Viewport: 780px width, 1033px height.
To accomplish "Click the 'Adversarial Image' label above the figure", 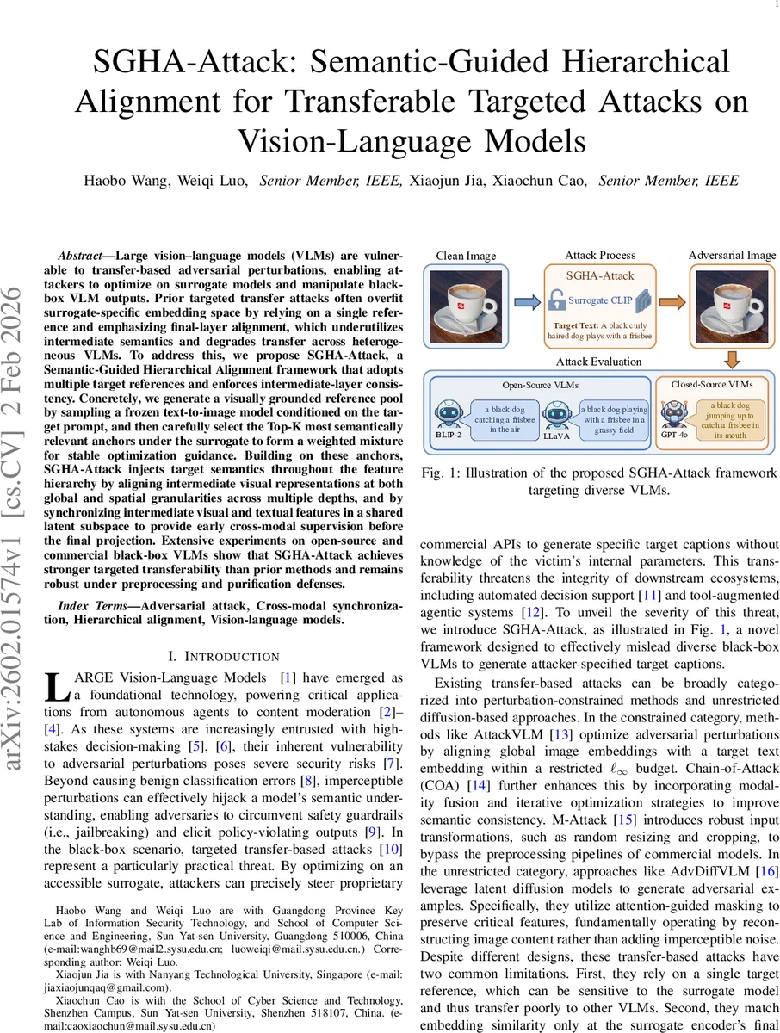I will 732,256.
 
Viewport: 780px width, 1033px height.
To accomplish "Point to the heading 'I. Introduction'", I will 222,656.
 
